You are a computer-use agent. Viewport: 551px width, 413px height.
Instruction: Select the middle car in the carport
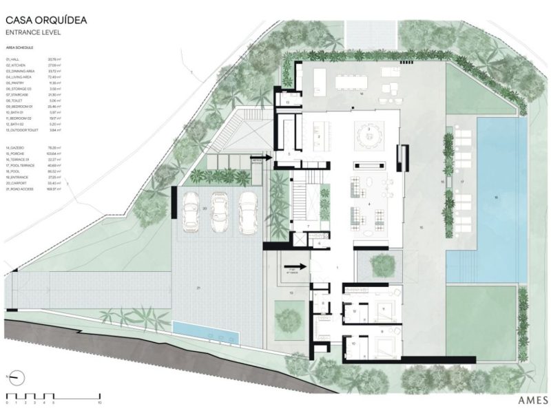pos(219,211)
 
